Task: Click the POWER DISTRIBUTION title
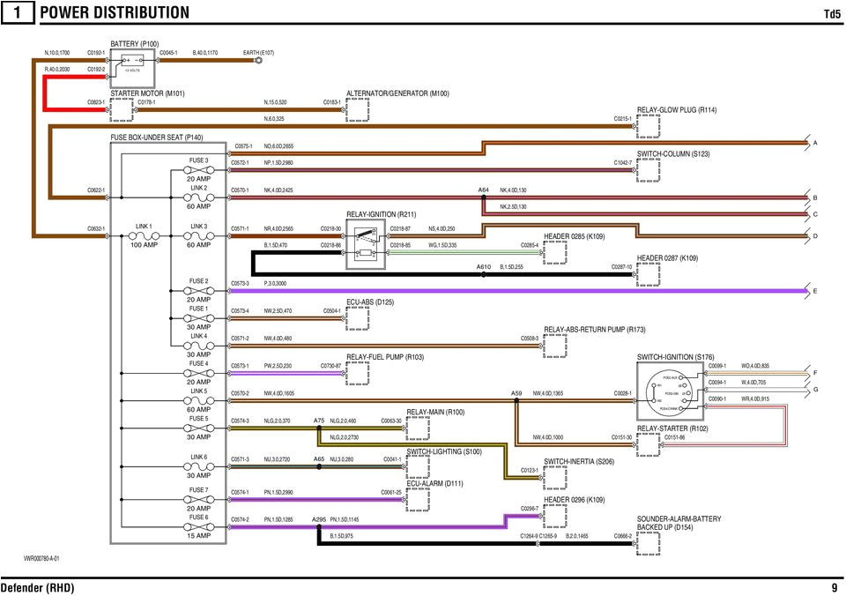(115, 12)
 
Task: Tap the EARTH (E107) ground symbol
(258, 61)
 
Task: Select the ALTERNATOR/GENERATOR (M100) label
(397, 93)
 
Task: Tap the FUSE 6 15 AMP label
(197, 526)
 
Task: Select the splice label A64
(483, 190)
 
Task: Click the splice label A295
(319, 520)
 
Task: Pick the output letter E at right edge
(815, 291)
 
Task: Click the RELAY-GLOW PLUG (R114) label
(676, 110)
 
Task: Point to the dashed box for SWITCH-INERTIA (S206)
(555, 477)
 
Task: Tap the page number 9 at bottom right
(834, 587)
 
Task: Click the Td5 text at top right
(831, 13)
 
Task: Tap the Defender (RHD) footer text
(37, 587)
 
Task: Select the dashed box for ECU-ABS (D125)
(358, 317)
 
